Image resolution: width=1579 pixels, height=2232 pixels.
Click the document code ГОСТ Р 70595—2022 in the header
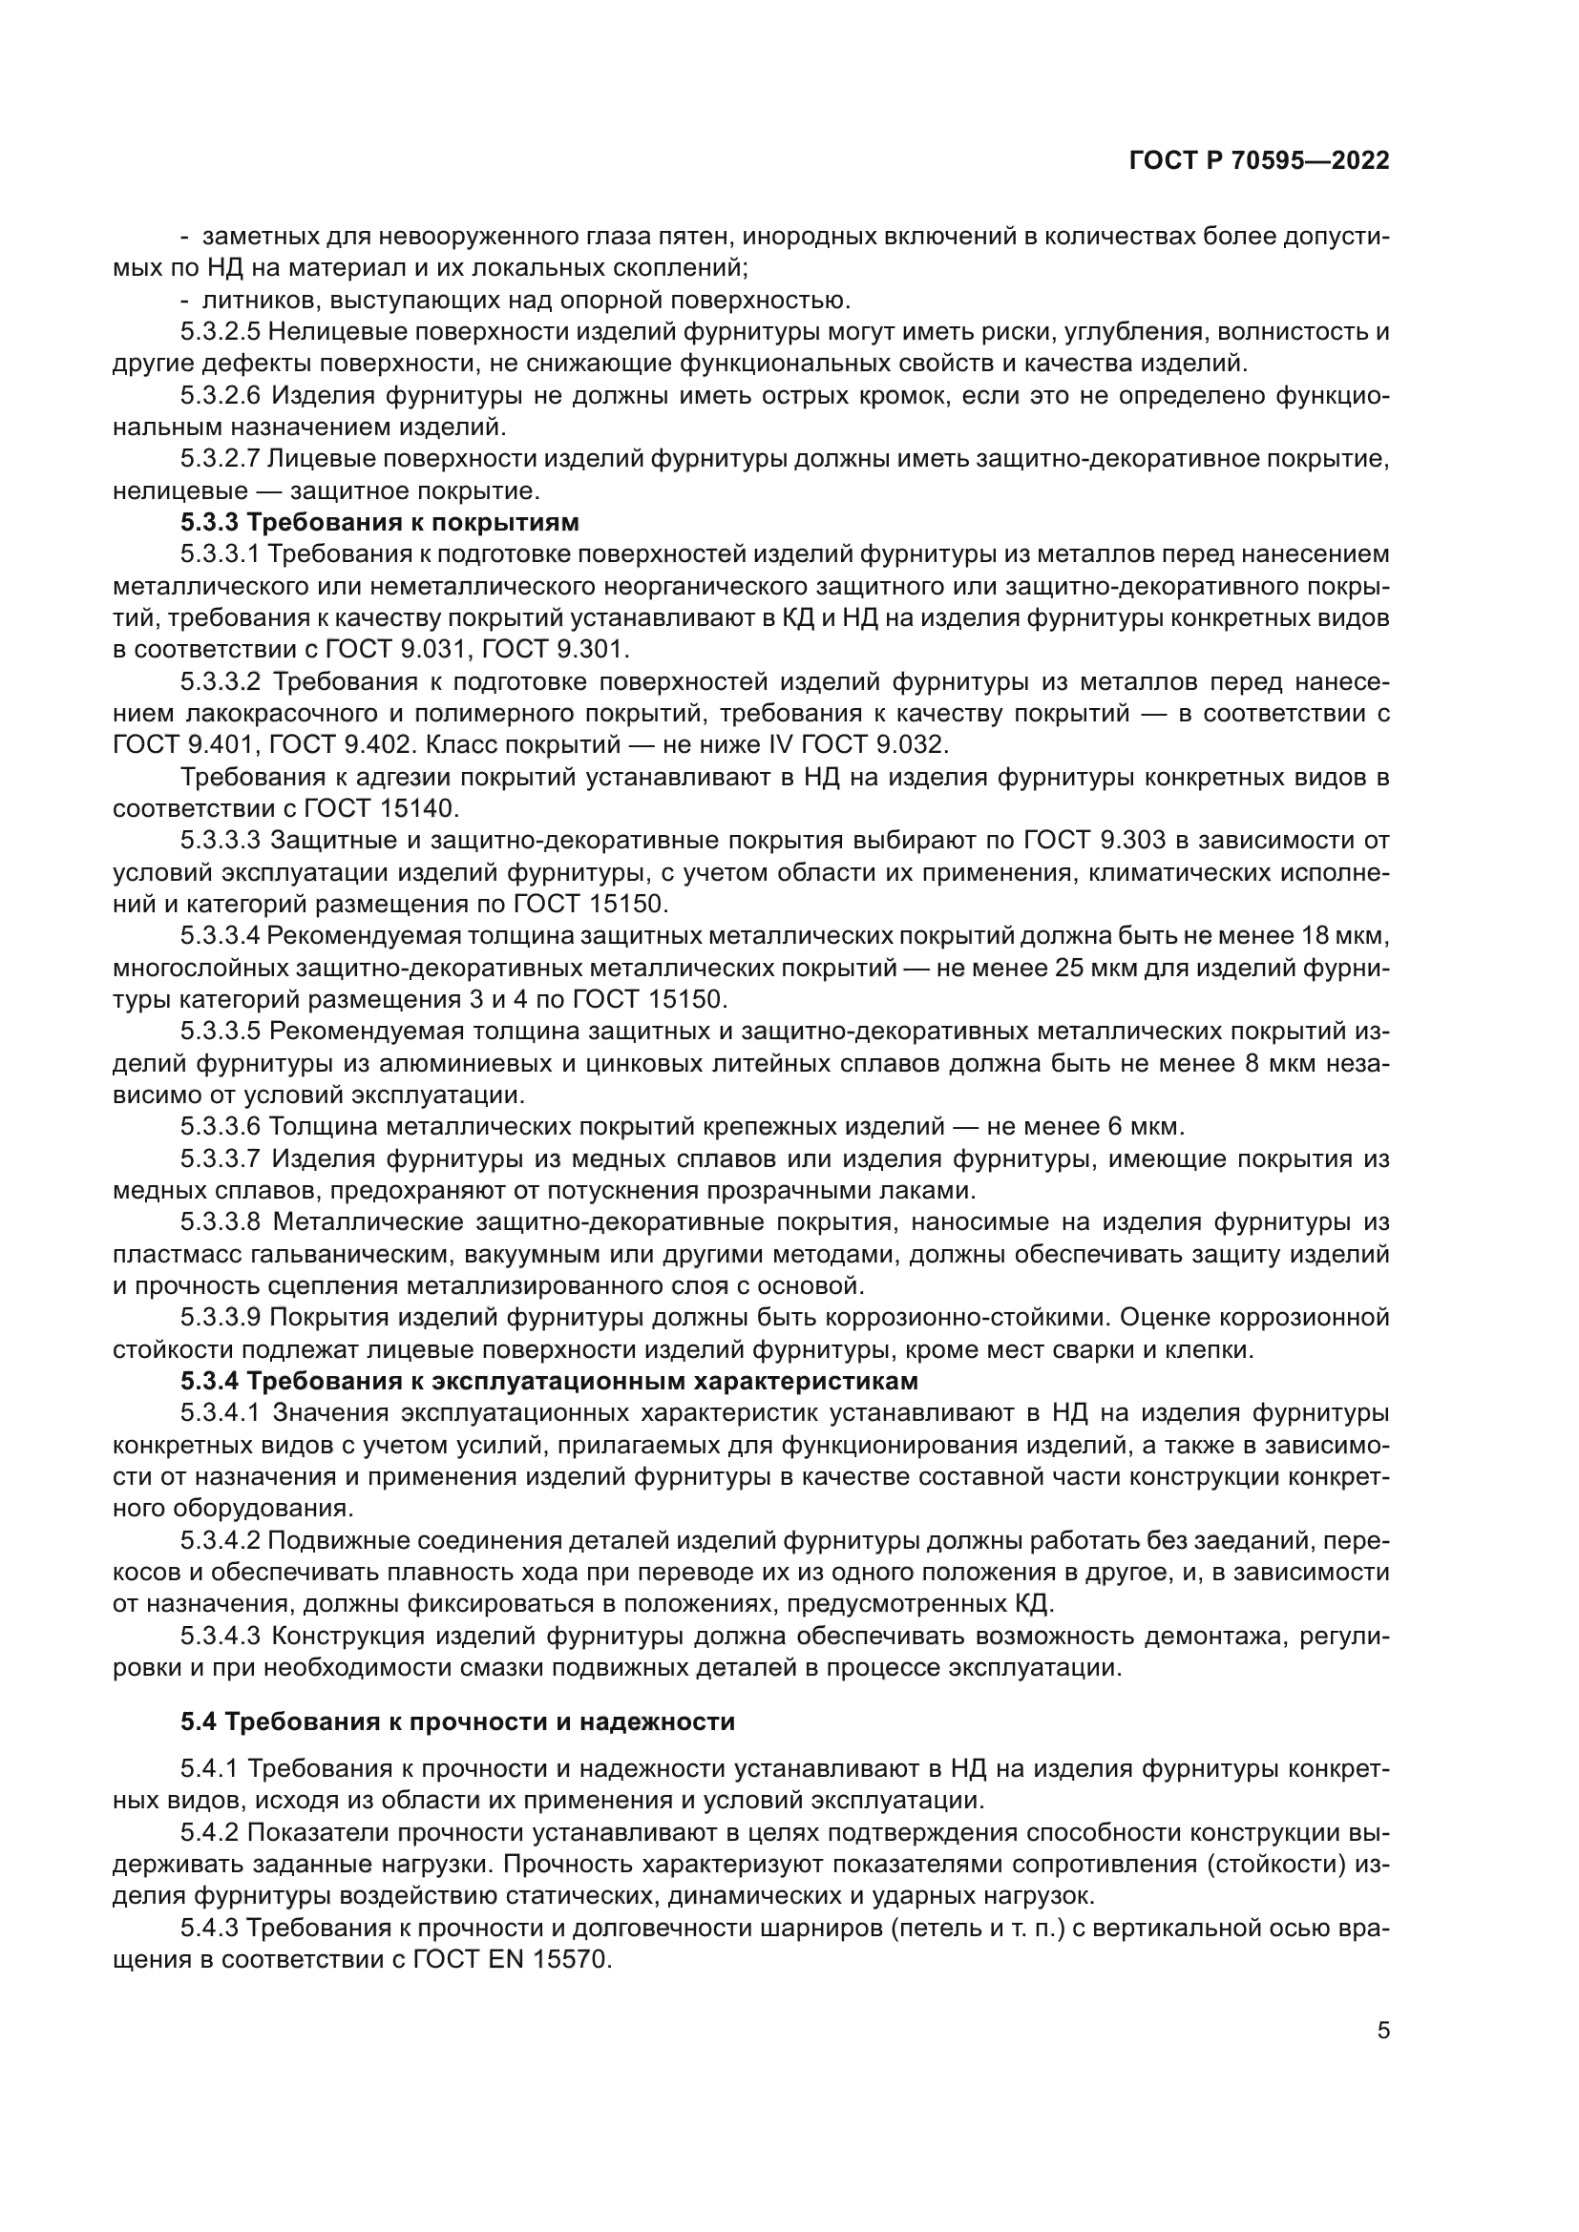tap(1258, 161)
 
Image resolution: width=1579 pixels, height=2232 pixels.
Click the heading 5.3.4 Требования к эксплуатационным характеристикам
tap(548, 1381)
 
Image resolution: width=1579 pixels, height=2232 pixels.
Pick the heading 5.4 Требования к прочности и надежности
tap(457, 1721)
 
